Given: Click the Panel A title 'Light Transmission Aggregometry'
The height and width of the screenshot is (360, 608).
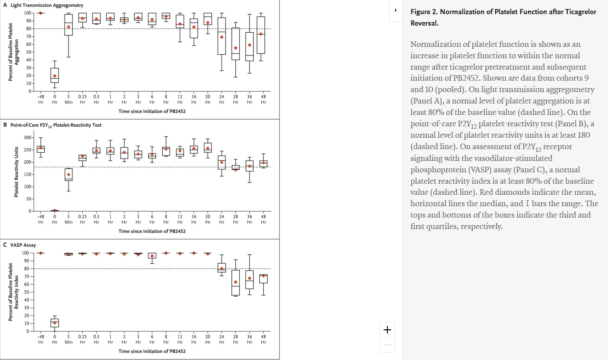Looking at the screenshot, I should [x=46, y=5].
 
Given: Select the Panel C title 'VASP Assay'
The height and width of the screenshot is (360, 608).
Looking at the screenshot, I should [x=23, y=245].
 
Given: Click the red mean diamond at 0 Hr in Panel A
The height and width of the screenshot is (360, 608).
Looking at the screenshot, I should [x=55, y=76].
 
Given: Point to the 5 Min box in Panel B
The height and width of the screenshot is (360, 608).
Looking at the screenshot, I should [x=68, y=175].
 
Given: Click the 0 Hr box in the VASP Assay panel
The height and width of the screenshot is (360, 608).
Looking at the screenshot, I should [x=55, y=323].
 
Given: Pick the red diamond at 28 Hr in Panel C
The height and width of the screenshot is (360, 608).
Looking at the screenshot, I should [x=236, y=282].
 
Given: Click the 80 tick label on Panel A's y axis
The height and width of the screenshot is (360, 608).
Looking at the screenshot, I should [x=28, y=29].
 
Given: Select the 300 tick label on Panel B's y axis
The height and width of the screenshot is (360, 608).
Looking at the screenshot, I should [x=27, y=138].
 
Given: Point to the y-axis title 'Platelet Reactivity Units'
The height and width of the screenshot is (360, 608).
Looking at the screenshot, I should [x=16, y=172].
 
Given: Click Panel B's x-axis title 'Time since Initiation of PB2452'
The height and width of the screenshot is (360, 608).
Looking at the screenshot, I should [x=152, y=231].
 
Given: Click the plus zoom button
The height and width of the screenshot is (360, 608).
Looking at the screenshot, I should [x=387, y=330].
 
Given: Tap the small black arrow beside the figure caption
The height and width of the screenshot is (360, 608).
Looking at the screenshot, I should [x=395, y=10].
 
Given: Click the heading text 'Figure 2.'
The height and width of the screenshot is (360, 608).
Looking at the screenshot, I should [x=424, y=12].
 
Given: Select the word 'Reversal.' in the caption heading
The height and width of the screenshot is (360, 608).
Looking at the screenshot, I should [x=424, y=23].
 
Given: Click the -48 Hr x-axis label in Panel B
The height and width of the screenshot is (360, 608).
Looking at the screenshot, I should [x=41, y=219].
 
